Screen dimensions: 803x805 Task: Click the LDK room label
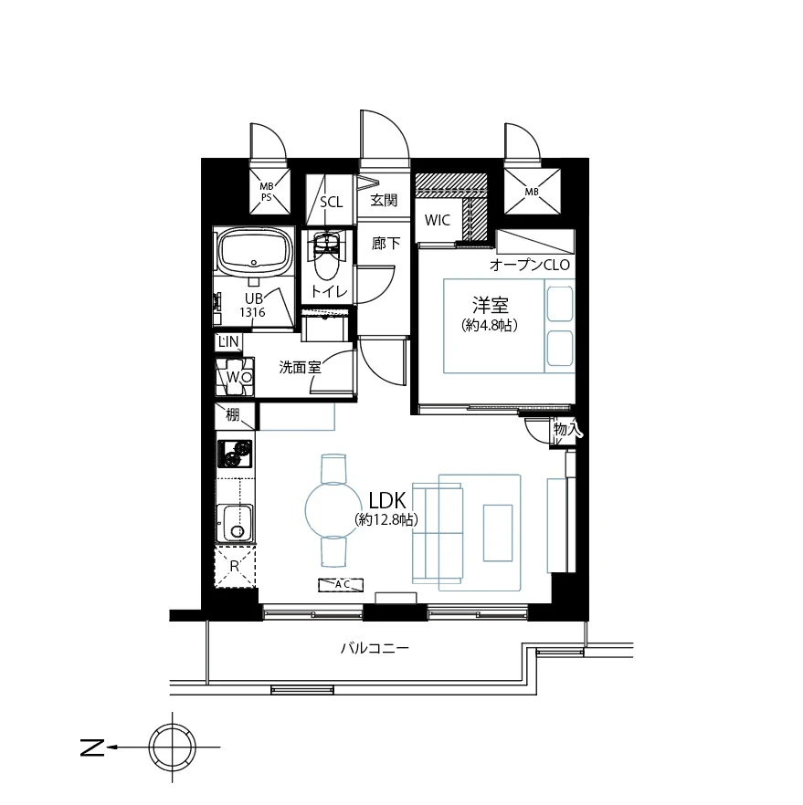tap(388, 500)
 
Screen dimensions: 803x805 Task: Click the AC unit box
tap(341, 585)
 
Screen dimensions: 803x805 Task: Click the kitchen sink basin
tap(236, 523)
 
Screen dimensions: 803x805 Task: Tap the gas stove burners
tap(235, 454)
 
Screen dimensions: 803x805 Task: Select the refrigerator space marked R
tap(235, 566)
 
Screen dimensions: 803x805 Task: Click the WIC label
tap(438, 220)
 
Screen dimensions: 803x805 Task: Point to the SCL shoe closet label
tap(332, 202)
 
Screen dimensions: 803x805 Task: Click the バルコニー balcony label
tap(375, 648)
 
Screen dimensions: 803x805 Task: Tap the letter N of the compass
tap(92, 747)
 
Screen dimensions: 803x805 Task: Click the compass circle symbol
tap(173, 747)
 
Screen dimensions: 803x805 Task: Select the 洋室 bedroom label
tap(491, 305)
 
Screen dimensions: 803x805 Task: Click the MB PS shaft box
tap(269, 192)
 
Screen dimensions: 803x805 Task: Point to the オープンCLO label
tap(530, 265)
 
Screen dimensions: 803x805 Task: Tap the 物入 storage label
tap(567, 429)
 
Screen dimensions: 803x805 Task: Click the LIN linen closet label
tap(228, 342)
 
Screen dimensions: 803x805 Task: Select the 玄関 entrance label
tap(384, 200)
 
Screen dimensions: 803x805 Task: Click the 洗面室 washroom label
tap(300, 367)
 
